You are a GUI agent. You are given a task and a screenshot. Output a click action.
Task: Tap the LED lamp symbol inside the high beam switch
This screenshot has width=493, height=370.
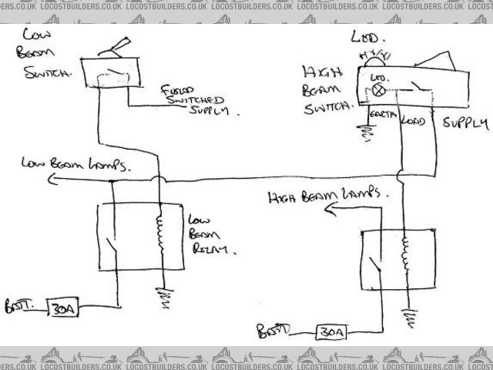point(378,90)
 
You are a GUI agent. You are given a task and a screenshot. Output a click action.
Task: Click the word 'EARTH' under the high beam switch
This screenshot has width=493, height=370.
point(383,116)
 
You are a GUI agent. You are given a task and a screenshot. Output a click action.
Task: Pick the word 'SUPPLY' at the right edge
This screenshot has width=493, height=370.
point(466,123)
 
